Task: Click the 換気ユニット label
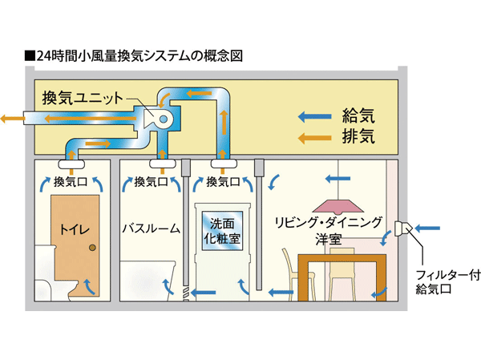coord(83,99)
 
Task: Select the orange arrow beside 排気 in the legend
coord(313,137)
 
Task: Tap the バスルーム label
coord(151,229)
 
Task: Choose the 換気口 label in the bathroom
coord(151,182)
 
